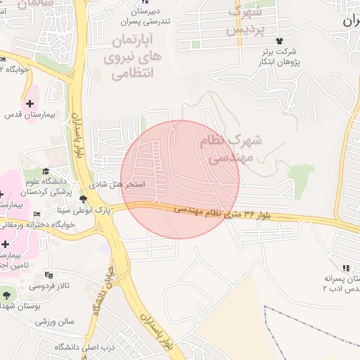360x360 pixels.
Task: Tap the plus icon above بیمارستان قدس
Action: click(x=29, y=103)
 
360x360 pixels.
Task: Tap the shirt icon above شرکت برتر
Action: click(x=281, y=40)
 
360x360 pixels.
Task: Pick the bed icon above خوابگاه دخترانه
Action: click(x=37, y=214)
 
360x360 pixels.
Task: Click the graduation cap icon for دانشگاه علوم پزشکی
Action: click(x=46, y=171)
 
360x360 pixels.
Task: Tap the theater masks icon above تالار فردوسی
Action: click(x=49, y=275)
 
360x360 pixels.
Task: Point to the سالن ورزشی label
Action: click(x=56, y=321)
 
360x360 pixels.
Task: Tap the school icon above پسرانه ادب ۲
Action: click(x=345, y=268)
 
